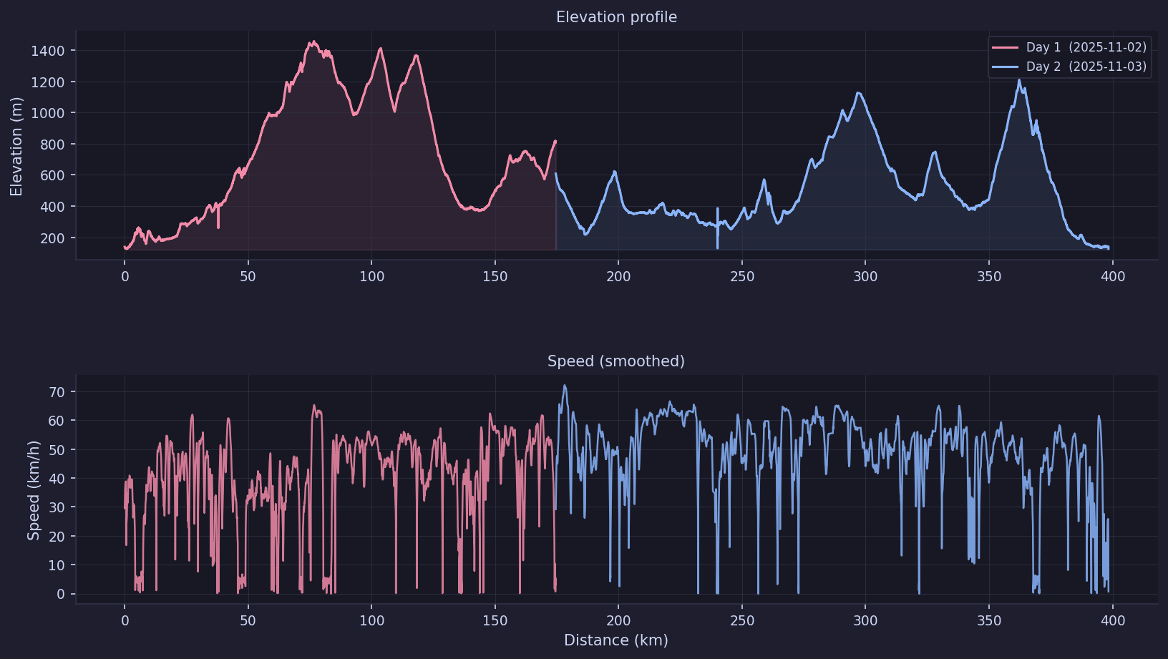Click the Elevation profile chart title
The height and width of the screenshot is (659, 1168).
coord(616,17)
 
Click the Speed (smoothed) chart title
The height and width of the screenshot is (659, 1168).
coord(616,361)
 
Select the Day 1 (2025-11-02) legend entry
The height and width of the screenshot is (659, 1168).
coord(1069,47)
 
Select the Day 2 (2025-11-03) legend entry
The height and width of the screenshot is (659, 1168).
coord(1069,67)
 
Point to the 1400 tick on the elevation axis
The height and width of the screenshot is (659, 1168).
coord(48,51)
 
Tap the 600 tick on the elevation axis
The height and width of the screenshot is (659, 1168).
coord(52,175)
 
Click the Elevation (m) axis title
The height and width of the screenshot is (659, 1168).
coord(16,146)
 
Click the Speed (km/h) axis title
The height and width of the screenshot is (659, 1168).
coord(33,490)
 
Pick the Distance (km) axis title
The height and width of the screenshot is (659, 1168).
coord(616,640)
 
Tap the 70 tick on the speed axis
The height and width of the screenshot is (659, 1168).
coord(57,392)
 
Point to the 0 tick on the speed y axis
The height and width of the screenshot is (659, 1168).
coord(61,594)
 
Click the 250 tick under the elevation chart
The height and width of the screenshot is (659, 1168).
coord(742,277)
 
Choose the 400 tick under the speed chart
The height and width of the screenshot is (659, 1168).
coord(1113,620)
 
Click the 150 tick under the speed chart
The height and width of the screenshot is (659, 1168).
coord(495,620)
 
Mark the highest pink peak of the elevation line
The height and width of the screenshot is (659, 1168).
coord(312,42)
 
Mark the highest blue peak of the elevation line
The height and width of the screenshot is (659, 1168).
coord(1019,79)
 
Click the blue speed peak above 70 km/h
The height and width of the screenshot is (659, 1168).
coord(565,386)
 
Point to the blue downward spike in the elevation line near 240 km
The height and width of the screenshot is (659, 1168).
coord(718,247)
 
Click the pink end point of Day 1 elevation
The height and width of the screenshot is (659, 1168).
coord(555,141)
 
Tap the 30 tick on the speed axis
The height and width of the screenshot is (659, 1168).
coord(57,507)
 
